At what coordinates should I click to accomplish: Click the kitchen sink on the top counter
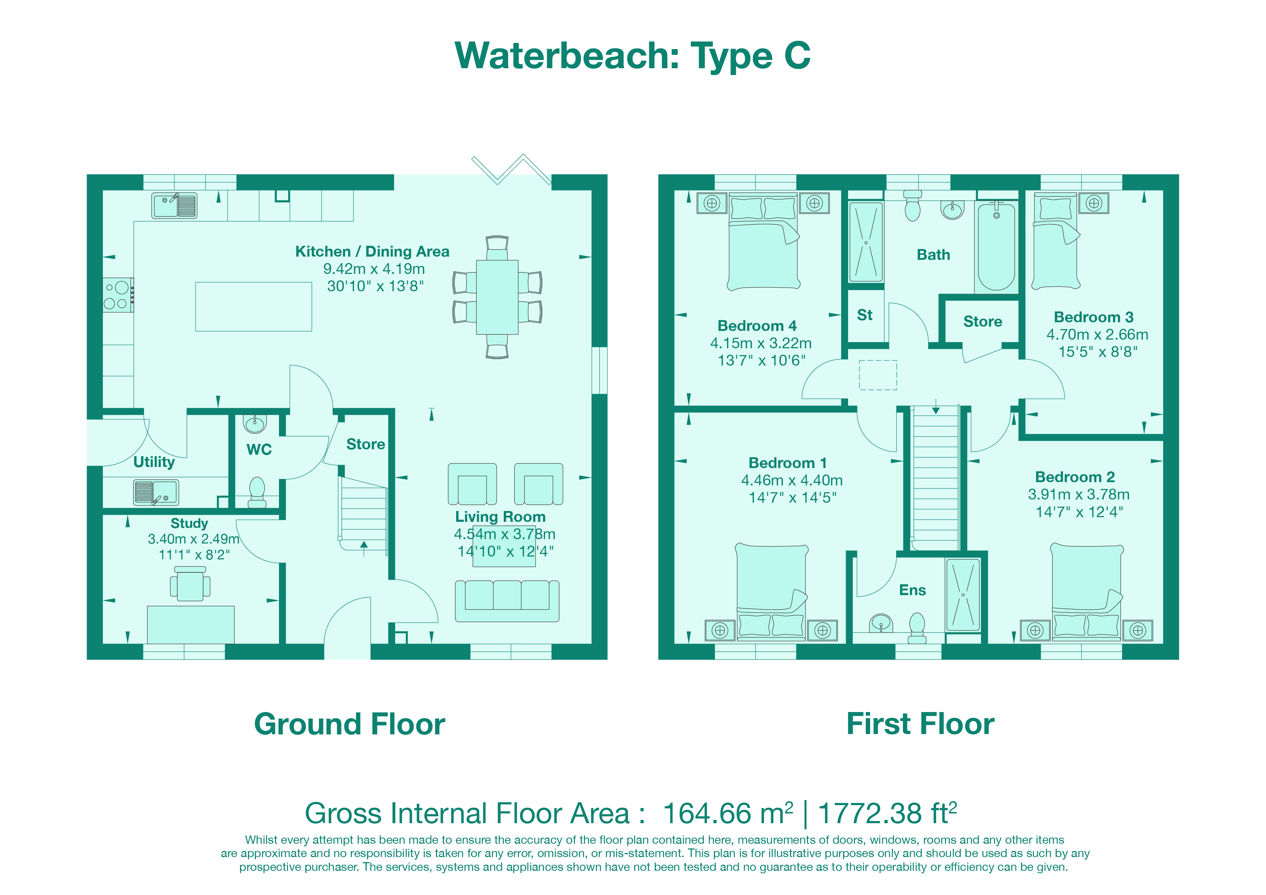coord(174,206)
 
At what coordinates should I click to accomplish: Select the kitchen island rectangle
coord(254,307)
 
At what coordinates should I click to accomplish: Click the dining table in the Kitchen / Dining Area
coord(497,297)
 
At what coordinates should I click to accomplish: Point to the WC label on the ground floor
coord(259,449)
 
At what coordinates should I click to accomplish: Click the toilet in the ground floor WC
coord(257,491)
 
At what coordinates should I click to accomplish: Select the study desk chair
coord(190,585)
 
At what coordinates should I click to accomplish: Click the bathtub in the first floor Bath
coord(996,247)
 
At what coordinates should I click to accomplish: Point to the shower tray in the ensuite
coord(963,594)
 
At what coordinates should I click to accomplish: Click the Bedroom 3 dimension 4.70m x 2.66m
coord(1097,335)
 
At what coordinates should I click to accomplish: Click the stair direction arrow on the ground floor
coord(364,547)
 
